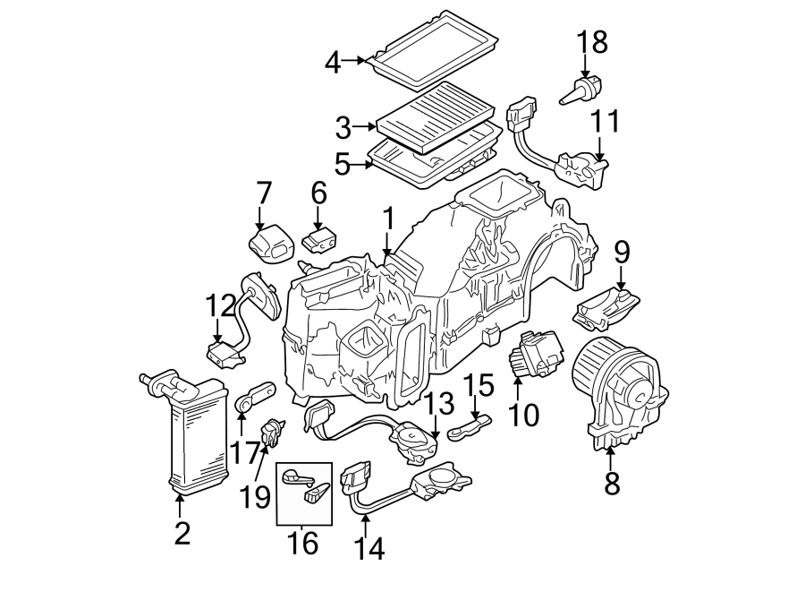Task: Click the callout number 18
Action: point(591,41)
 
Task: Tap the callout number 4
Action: point(333,63)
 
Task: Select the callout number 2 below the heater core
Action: point(182,533)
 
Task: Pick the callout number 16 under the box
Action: point(304,542)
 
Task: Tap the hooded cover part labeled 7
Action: point(271,243)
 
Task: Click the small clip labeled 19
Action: point(272,434)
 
